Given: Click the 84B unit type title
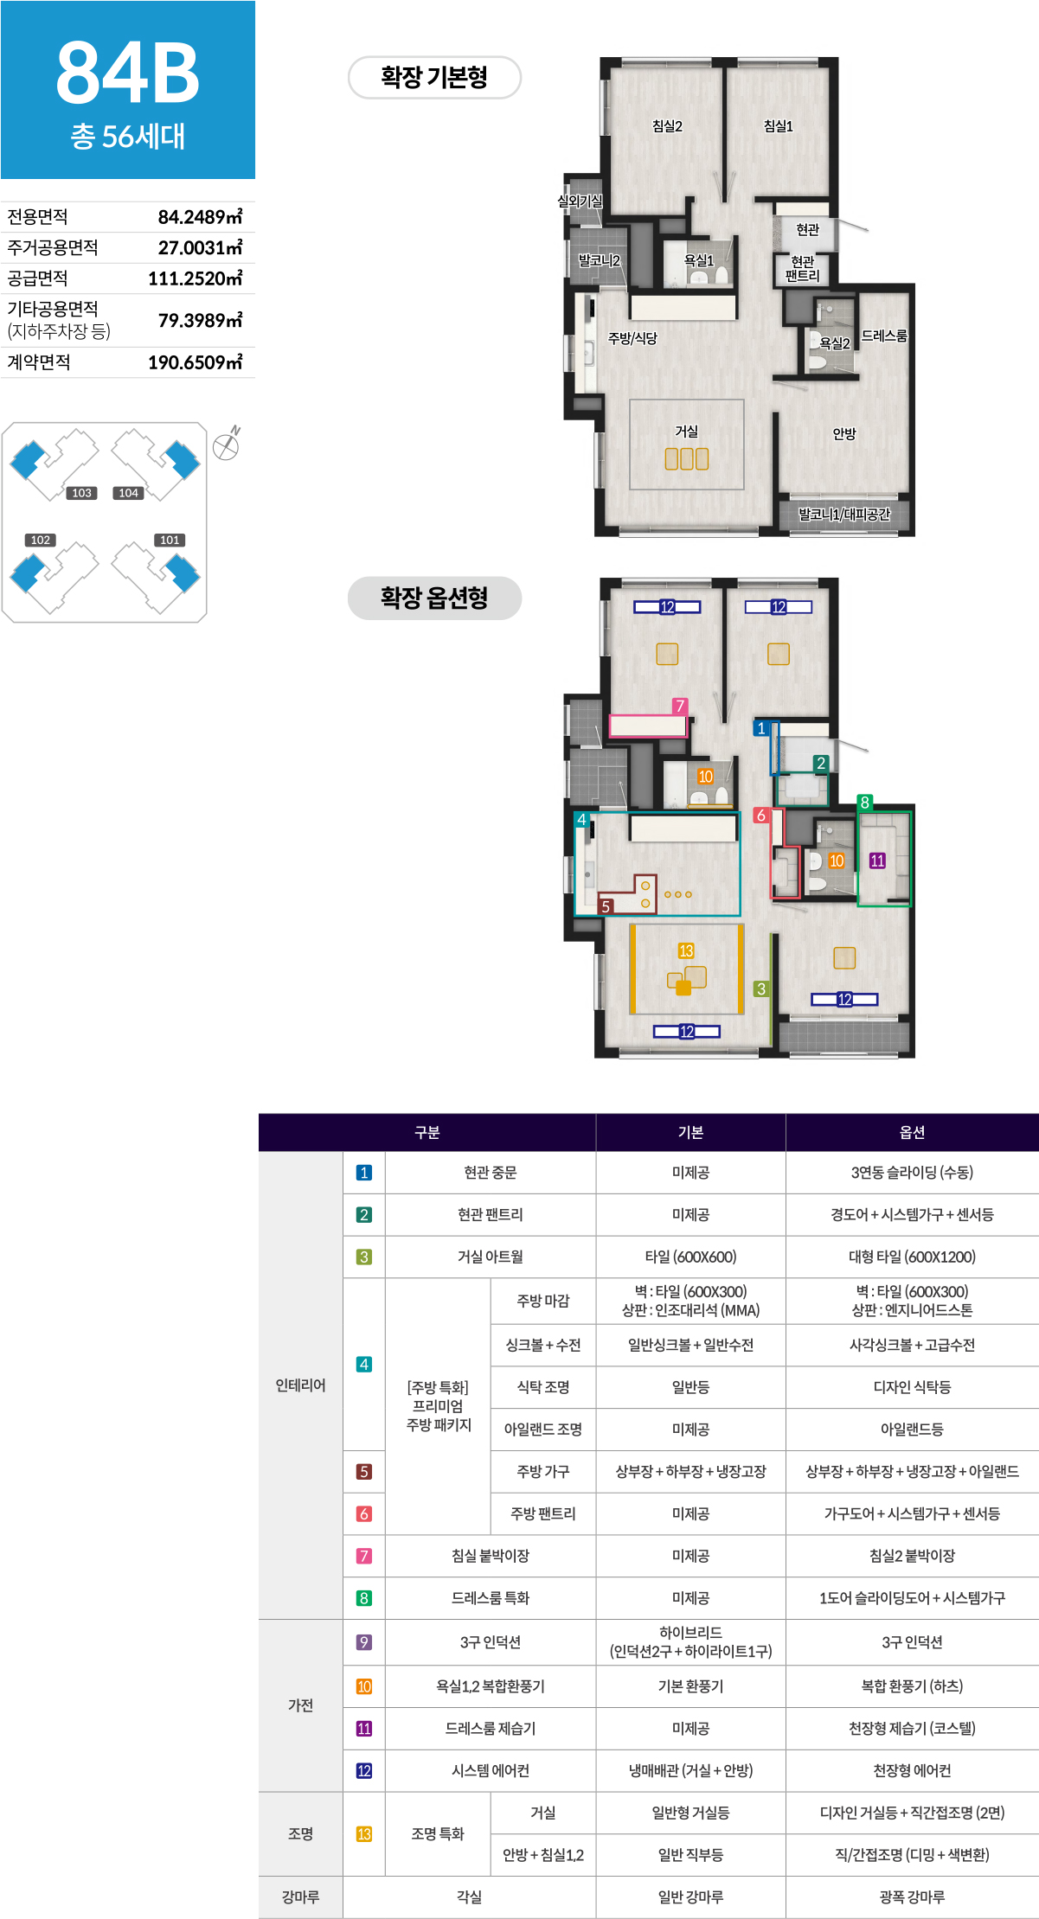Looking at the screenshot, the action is [x=128, y=73].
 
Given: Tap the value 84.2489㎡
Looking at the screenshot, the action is [x=200, y=216].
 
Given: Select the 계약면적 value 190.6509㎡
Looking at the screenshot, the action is [x=195, y=362].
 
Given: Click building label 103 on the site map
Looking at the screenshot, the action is [x=81, y=493].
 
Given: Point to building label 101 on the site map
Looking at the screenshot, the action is [x=170, y=540].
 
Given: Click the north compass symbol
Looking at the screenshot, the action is [x=227, y=445].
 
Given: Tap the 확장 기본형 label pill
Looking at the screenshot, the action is [x=434, y=78].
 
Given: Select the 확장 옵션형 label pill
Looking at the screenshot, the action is [x=434, y=598].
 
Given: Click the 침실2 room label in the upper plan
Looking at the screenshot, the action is [x=667, y=126].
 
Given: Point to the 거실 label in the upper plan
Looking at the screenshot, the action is [x=686, y=431].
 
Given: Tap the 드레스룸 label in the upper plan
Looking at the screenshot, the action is [x=884, y=336].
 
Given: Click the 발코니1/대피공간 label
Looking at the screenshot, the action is [x=843, y=515].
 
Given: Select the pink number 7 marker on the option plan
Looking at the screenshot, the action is [x=680, y=706].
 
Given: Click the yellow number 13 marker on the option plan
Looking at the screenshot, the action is [x=686, y=950].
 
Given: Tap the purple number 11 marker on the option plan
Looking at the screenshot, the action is [x=877, y=860].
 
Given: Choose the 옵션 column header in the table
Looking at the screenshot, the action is [x=912, y=1132].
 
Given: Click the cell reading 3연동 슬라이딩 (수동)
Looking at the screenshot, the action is [x=912, y=1173].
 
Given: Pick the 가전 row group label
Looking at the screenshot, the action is [x=300, y=1705].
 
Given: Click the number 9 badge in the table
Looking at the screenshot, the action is [x=364, y=1641].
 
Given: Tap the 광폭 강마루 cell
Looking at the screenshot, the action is [x=912, y=1897].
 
